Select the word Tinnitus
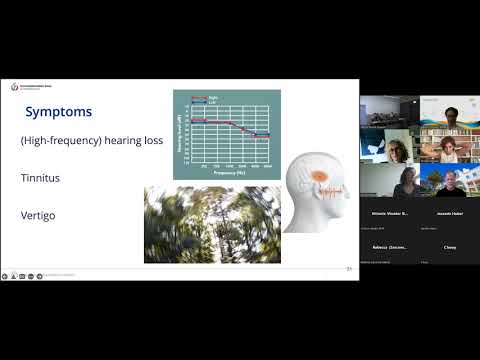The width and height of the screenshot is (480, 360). pos(40,178)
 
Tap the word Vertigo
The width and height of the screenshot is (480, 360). pos(38,215)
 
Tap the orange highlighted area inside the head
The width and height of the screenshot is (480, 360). pos(322,178)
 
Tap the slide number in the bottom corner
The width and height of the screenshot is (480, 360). pos(349,268)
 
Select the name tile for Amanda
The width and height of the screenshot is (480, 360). pos(450,214)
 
